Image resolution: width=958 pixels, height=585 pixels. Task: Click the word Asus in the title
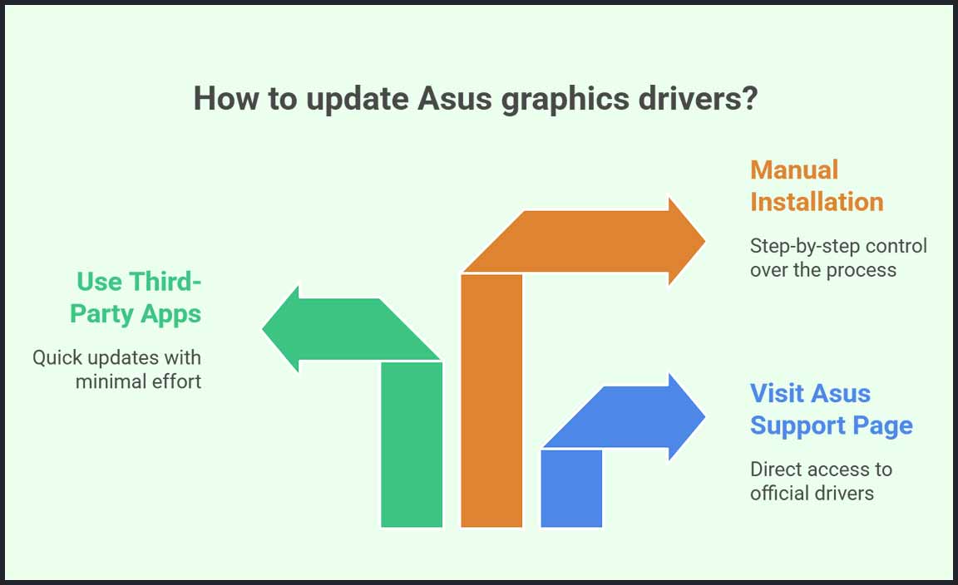pos(455,98)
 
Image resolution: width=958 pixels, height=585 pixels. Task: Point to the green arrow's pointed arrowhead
pos(280,328)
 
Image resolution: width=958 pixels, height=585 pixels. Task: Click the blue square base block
pos(571,488)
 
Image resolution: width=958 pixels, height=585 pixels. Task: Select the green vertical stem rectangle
pos(412,444)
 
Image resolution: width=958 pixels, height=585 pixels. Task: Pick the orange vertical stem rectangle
pos(491,401)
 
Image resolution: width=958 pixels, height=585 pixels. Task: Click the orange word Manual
pos(794,170)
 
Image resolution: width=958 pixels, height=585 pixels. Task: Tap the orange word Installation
pos(817,202)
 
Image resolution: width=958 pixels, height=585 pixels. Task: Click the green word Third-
pos(165,282)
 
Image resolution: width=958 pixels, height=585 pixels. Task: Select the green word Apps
pos(170,315)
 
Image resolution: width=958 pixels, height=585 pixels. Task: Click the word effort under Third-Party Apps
pos(176,381)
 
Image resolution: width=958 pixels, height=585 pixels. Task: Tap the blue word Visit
pos(777,393)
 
